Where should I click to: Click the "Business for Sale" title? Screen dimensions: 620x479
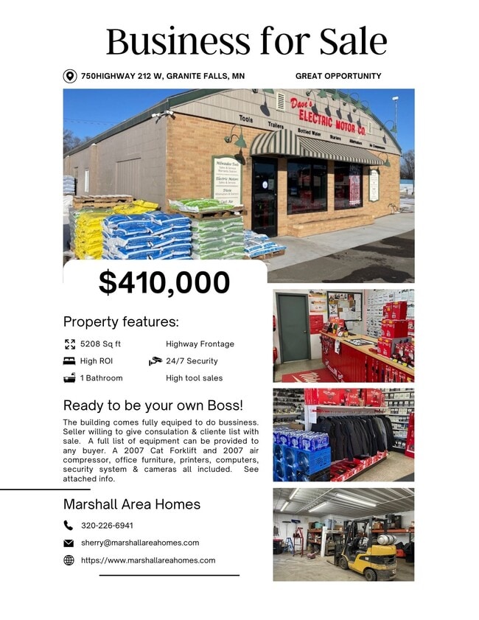tap(246, 41)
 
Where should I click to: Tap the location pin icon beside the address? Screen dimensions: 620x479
tap(70, 76)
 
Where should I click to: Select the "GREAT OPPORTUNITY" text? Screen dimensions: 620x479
tap(338, 76)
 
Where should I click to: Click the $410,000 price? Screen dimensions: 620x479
tap(164, 282)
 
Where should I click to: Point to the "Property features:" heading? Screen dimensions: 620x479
tap(121, 322)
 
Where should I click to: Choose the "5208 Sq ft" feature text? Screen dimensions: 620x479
tap(100, 344)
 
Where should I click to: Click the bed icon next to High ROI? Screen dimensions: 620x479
tap(69, 361)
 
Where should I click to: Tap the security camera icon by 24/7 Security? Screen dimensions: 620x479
tap(155, 361)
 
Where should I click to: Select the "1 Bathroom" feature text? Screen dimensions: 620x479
tap(101, 378)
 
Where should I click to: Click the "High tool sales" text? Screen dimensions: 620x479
tap(194, 378)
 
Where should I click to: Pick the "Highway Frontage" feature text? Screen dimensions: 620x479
tap(200, 344)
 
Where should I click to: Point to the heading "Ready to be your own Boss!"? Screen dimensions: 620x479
tap(153, 405)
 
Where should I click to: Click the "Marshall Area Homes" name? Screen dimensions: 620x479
tap(132, 505)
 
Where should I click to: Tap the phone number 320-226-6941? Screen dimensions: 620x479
tap(107, 526)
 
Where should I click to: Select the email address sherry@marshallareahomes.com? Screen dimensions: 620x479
tap(140, 543)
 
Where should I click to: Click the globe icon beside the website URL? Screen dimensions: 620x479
tap(69, 560)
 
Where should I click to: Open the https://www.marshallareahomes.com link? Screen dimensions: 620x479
tap(148, 560)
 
